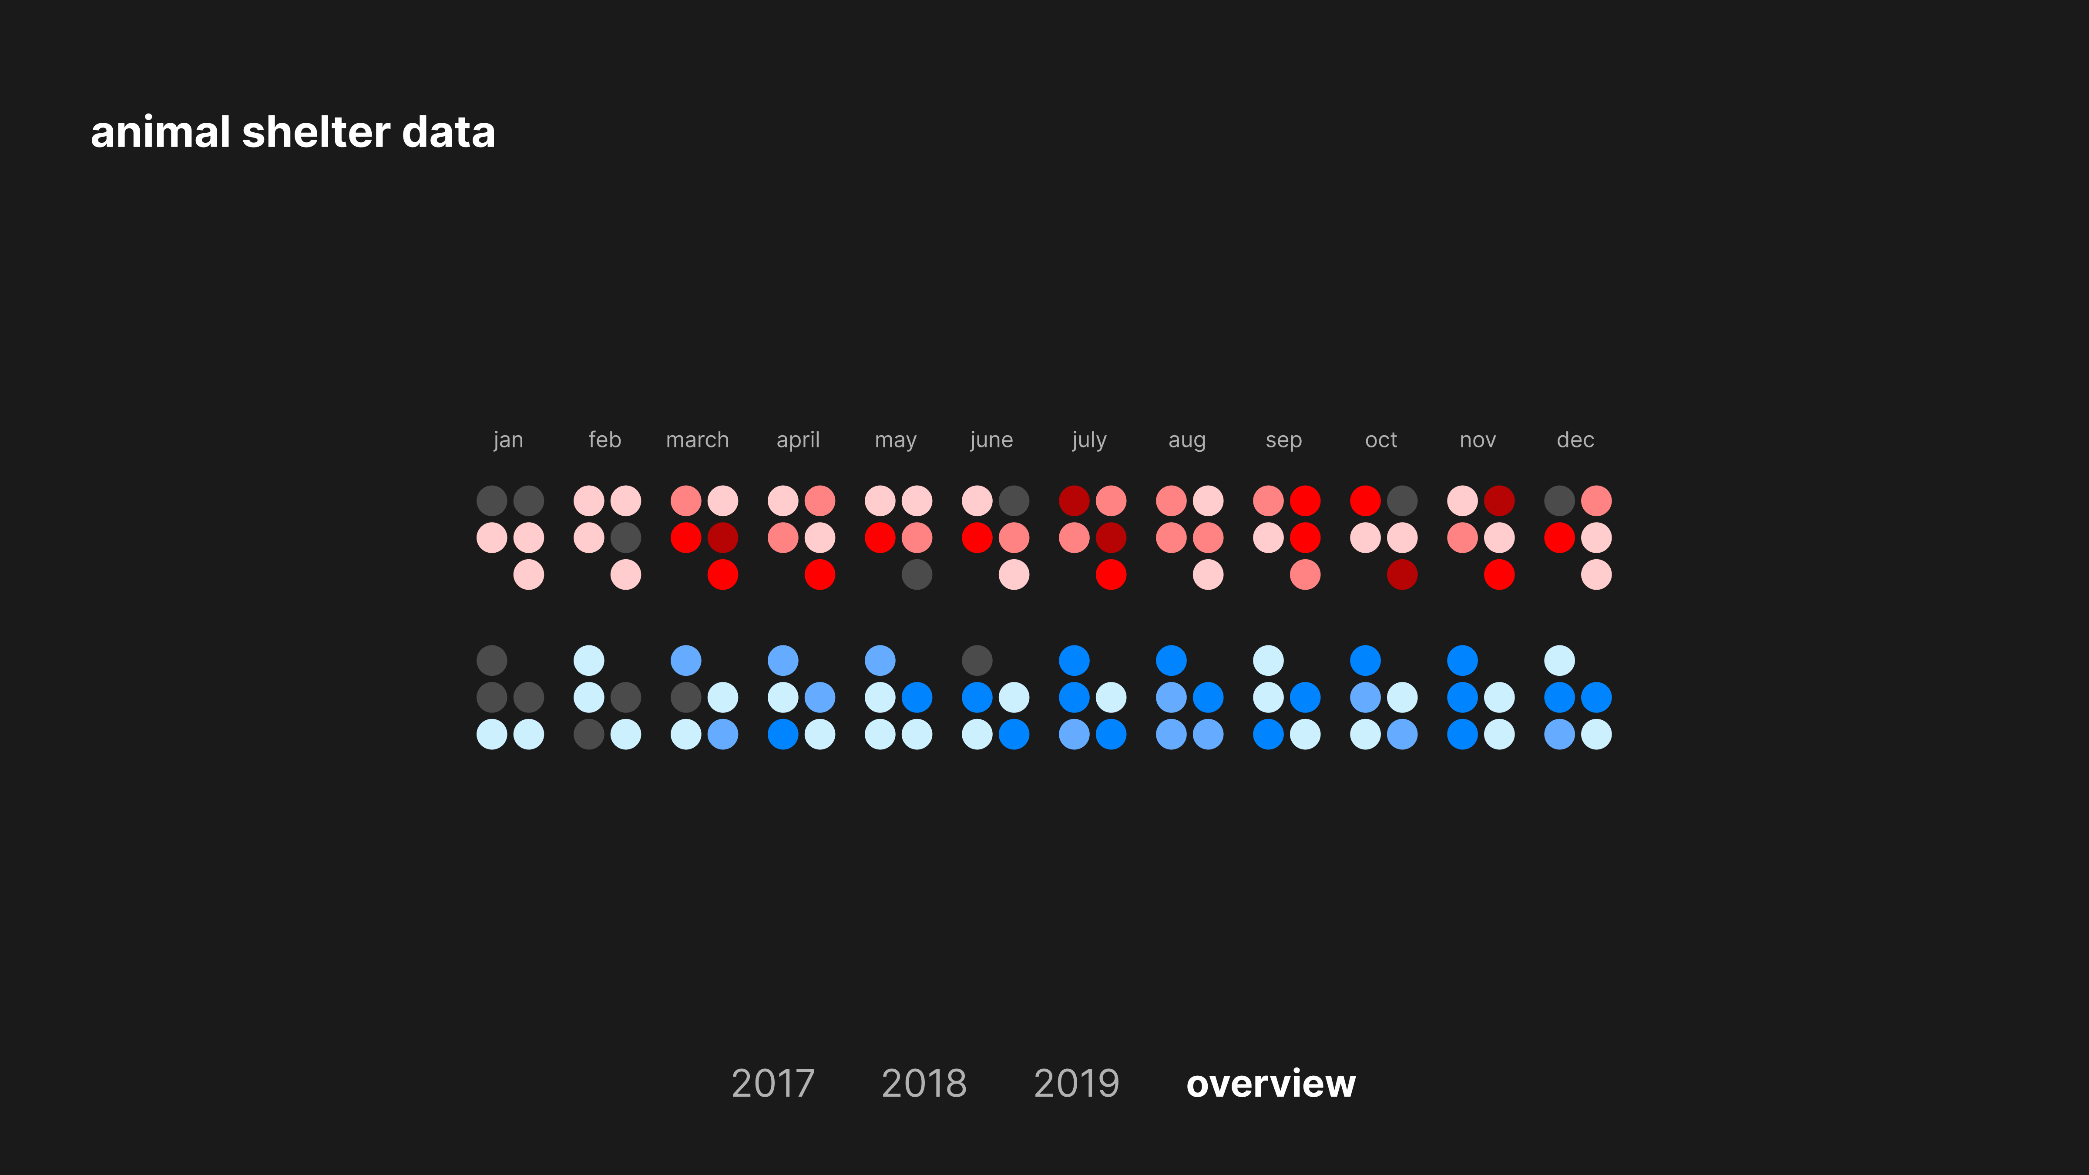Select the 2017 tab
pyautogui.click(x=773, y=1083)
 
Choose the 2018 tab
pyautogui.click(x=924, y=1083)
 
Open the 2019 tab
pyautogui.click(x=1076, y=1083)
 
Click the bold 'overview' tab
pyautogui.click(x=1270, y=1083)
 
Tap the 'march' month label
pyautogui.click(x=697, y=440)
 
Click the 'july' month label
pyautogui.click(x=1089, y=440)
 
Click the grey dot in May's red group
pyautogui.click(x=917, y=575)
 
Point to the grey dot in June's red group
pyautogui.click(x=1014, y=500)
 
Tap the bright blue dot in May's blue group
pyautogui.click(x=917, y=697)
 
